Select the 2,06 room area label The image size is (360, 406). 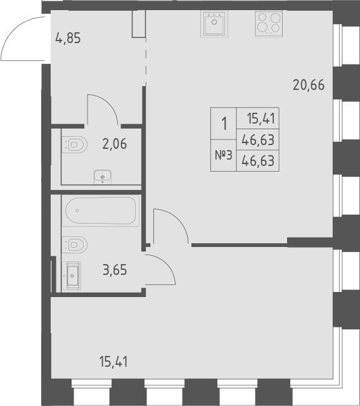coord(115,144)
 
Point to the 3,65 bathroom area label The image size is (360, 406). coord(115,270)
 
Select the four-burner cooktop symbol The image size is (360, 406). coord(268,25)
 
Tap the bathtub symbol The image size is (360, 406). coord(101,210)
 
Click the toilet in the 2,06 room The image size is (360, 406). coord(75,144)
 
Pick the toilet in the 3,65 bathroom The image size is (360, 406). coord(75,243)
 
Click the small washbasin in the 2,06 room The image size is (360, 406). coord(101,176)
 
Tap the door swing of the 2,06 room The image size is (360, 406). coord(103,108)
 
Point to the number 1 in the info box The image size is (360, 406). coord(223,123)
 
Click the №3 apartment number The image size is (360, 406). coord(223,156)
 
